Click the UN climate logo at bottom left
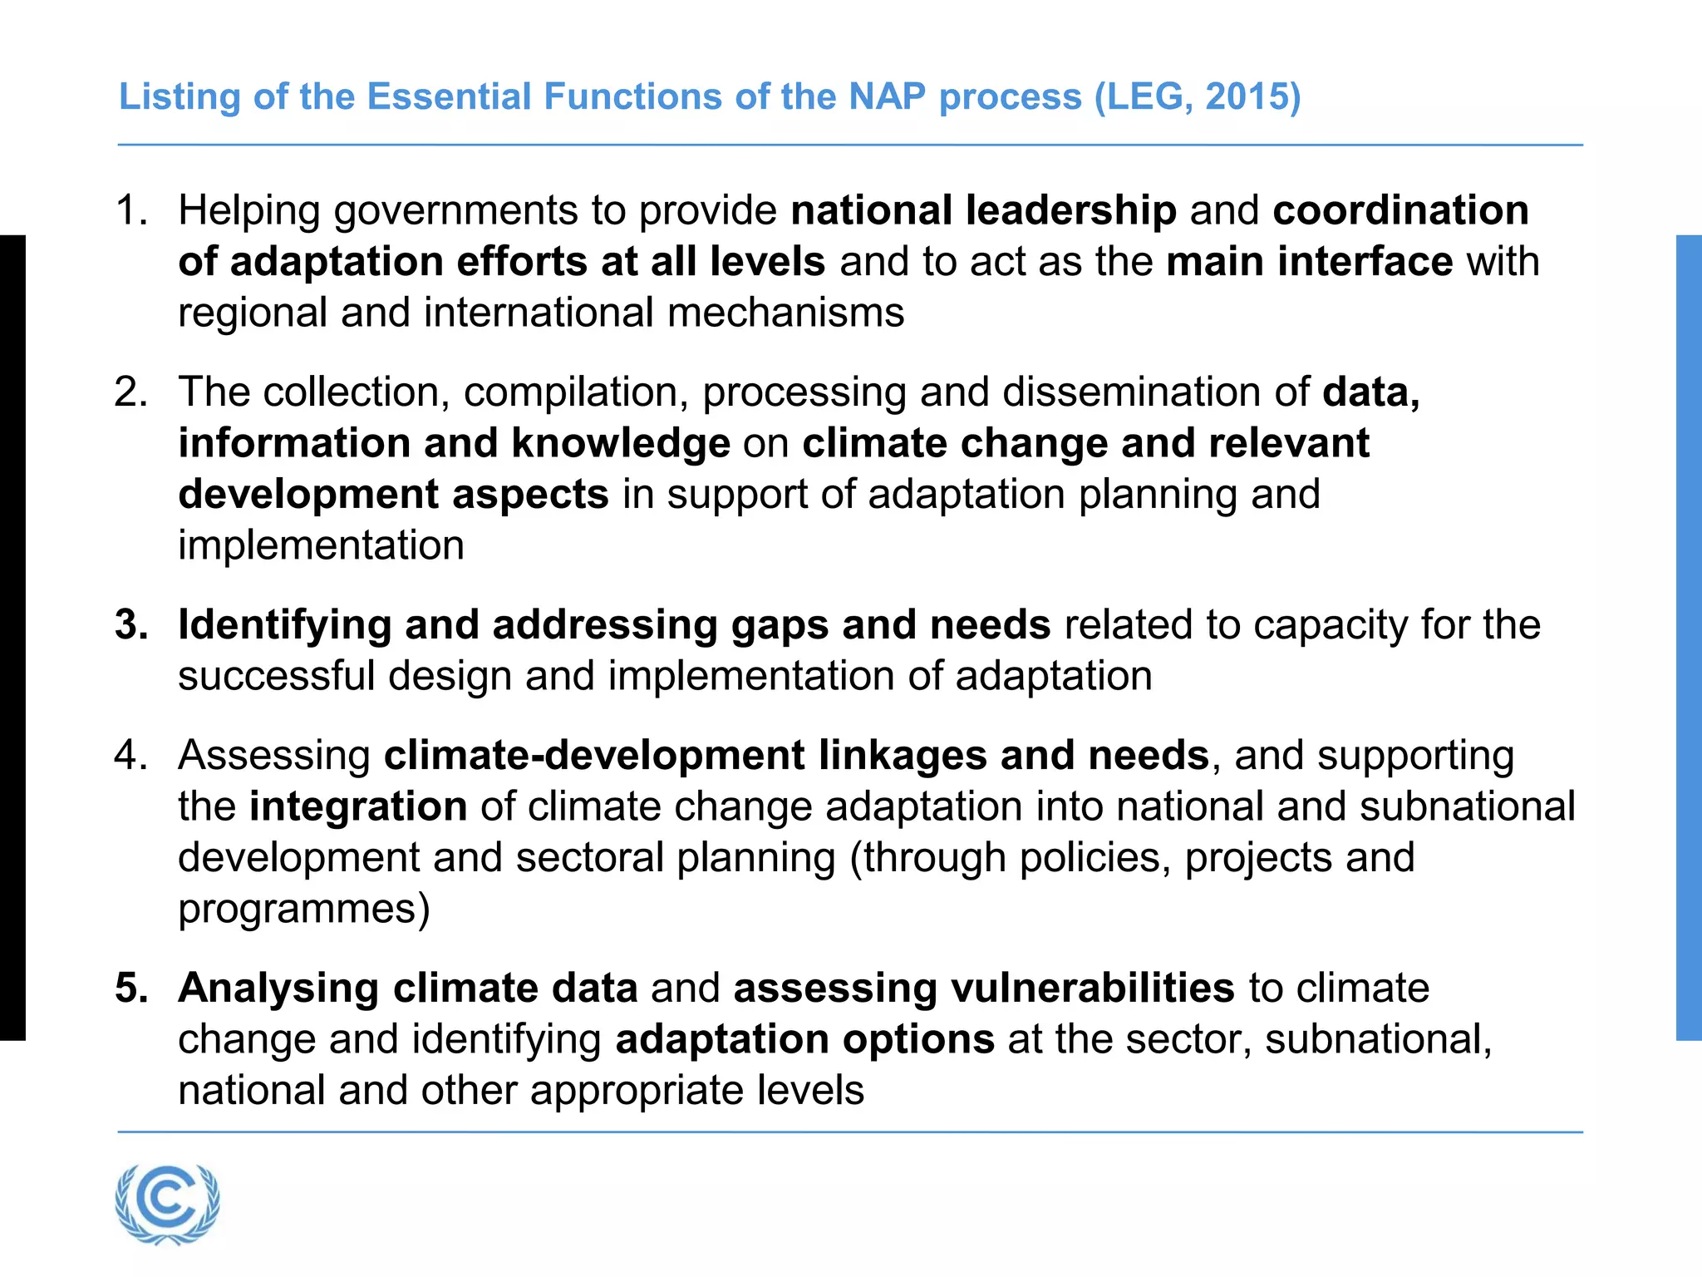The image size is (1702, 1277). (x=167, y=1202)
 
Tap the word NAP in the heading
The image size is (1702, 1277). (x=887, y=96)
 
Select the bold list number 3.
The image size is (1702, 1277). (x=130, y=624)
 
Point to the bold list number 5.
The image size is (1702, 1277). (x=130, y=989)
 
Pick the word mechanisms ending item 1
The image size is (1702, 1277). (x=785, y=313)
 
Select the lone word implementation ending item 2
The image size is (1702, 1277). (x=321, y=546)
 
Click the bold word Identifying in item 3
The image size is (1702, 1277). (x=284, y=624)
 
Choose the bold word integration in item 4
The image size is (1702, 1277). (x=358, y=806)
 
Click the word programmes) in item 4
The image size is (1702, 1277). (x=304, y=909)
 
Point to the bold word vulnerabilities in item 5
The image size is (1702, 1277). (x=1092, y=989)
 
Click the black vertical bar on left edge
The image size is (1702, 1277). (x=12, y=638)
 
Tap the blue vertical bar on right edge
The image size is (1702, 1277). (x=1689, y=638)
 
